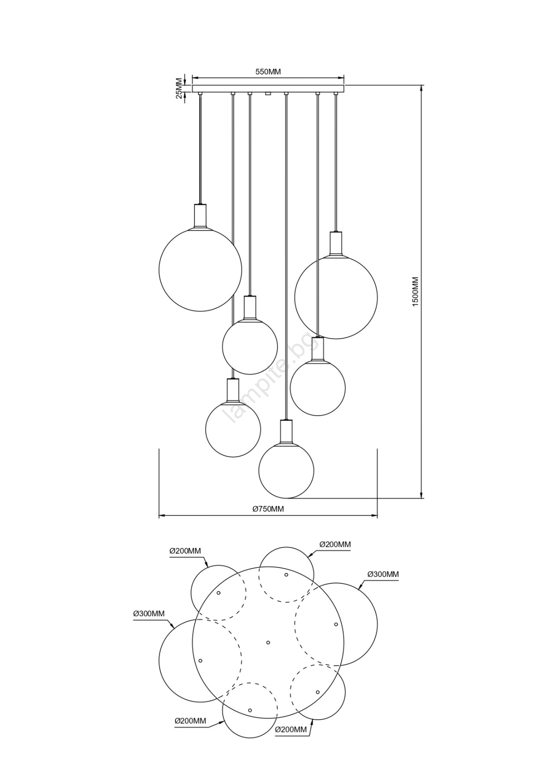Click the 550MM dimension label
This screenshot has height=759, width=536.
coord(268,72)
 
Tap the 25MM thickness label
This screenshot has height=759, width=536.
coord(179,88)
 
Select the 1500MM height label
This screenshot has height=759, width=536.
coord(416,292)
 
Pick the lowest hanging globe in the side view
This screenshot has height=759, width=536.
coord(286,470)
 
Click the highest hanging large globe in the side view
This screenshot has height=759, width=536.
coord(200,270)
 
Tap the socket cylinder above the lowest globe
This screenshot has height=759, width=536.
coord(286,431)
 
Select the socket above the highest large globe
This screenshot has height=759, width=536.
coord(200,215)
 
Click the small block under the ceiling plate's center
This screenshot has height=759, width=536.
coord(268,94)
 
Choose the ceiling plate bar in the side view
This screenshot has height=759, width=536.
coord(268,88)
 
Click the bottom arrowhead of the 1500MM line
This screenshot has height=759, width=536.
coord(421,495)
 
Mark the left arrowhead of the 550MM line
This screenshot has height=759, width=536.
coord(195,78)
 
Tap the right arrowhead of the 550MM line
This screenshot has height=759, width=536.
coord(341,78)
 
